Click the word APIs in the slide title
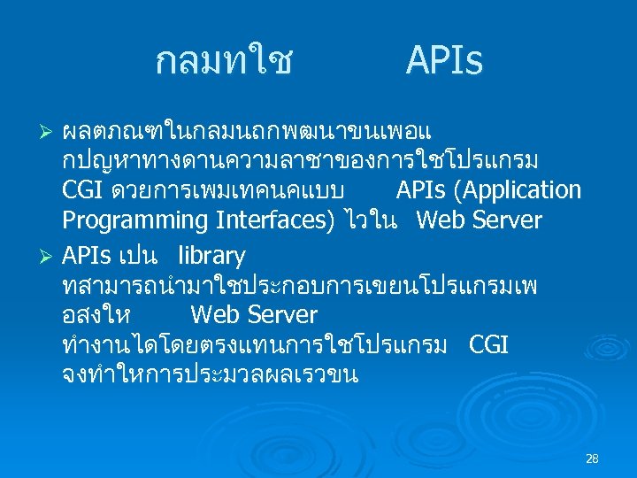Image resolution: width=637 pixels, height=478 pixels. [x=444, y=62]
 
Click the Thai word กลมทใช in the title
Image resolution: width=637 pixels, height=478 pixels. [x=224, y=62]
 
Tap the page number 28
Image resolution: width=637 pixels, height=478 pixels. [x=592, y=459]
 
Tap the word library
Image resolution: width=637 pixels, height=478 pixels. [x=211, y=256]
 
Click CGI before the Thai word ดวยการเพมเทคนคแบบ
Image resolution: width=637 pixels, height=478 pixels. [x=84, y=190]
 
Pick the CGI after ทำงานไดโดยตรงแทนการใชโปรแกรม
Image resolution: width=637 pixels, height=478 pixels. [x=488, y=343]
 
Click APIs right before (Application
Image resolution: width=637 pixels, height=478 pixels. [x=423, y=190]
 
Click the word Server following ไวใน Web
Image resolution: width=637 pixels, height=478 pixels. [x=506, y=220]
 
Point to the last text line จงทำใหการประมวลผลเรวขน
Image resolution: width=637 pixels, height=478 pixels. [x=210, y=374]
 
